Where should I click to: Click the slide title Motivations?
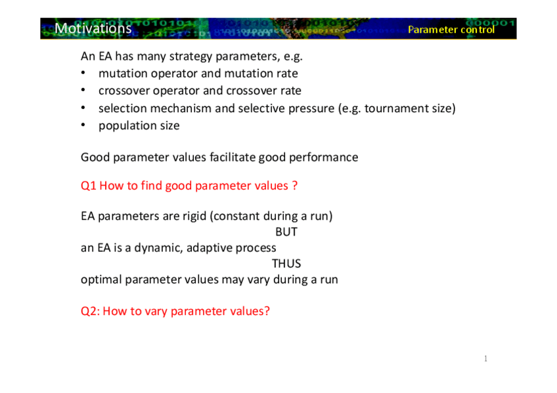coord(93,28)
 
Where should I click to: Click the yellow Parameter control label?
coord(451,30)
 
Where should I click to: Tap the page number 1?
coord(485,359)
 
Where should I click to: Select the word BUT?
coord(286,232)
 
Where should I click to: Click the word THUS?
coord(286,264)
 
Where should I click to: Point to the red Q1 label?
coord(89,186)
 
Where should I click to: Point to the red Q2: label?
coord(90,311)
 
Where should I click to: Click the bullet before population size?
coord(83,125)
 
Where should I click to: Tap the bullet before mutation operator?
coord(83,73)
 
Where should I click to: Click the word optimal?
coord(101,280)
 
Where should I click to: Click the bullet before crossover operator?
coord(83,90)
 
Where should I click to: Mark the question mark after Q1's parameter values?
coord(295,186)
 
